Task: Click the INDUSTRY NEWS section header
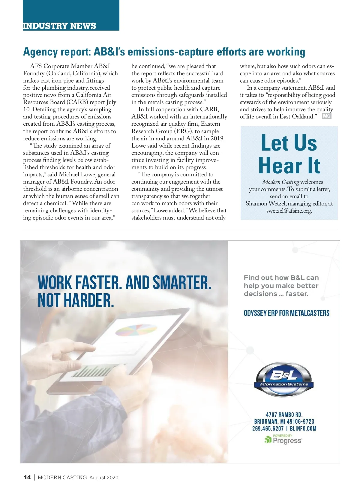[x=59, y=26]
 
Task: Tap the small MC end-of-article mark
[x=326, y=116]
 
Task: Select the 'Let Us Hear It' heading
[x=289, y=154]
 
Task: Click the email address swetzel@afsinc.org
[x=289, y=211]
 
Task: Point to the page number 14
[x=27, y=478]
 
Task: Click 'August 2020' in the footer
[x=104, y=478]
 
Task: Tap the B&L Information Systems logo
[x=283, y=379]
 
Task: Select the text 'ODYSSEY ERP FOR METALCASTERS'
[x=286, y=313]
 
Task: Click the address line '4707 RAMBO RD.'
[x=284, y=415]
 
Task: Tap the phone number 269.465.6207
[x=268, y=428]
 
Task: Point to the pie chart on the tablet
[x=136, y=330]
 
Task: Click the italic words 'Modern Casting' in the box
[x=280, y=182]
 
